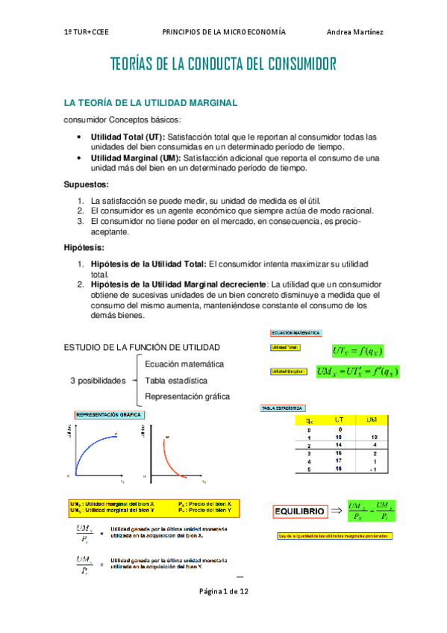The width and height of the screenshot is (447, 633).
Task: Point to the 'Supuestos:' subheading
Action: pyautogui.click(x=86, y=184)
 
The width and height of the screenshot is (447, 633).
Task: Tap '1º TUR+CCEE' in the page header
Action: pyautogui.click(x=88, y=32)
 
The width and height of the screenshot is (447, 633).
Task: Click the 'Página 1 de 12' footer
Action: pyautogui.click(x=223, y=591)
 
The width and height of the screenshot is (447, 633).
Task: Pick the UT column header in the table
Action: pyautogui.click(x=339, y=420)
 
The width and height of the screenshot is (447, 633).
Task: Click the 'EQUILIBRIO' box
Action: pyautogui.click(x=299, y=511)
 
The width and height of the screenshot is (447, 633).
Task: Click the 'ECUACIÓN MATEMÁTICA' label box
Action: pyautogui.click(x=296, y=332)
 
